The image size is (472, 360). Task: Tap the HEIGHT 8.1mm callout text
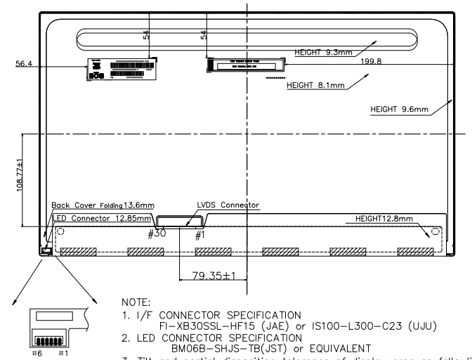point(315,86)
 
